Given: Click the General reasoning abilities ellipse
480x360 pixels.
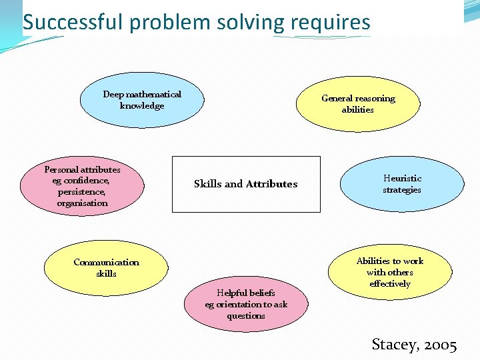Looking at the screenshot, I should pyautogui.click(x=358, y=104).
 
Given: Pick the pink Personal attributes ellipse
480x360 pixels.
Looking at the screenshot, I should pyautogui.click(x=82, y=187).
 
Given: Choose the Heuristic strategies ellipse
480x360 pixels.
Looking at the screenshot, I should pyautogui.click(x=402, y=184).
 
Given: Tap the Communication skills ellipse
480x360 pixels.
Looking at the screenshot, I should pyautogui.click(x=106, y=268).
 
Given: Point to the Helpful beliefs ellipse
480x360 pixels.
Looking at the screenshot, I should pyautogui.click(x=246, y=304).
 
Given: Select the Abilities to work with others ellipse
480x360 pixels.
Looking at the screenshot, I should pyautogui.click(x=390, y=272).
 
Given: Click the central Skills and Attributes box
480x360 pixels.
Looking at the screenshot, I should pyautogui.click(x=246, y=184).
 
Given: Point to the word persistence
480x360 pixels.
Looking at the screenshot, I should pyautogui.click(x=81, y=192).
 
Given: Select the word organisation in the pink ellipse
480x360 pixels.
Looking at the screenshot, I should pyautogui.click(x=82, y=203).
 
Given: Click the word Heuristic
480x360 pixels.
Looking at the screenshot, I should pyautogui.click(x=402, y=179).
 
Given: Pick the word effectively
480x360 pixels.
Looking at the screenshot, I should pyautogui.click(x=390, y=284).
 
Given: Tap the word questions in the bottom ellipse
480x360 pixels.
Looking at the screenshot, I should pyautogui.click(x=246, y=316).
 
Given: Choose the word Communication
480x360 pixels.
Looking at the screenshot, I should pyautogui.click(x=106, y=263).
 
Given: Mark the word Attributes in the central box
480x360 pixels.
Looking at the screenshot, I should pyautogui.click(x=271, y=184).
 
